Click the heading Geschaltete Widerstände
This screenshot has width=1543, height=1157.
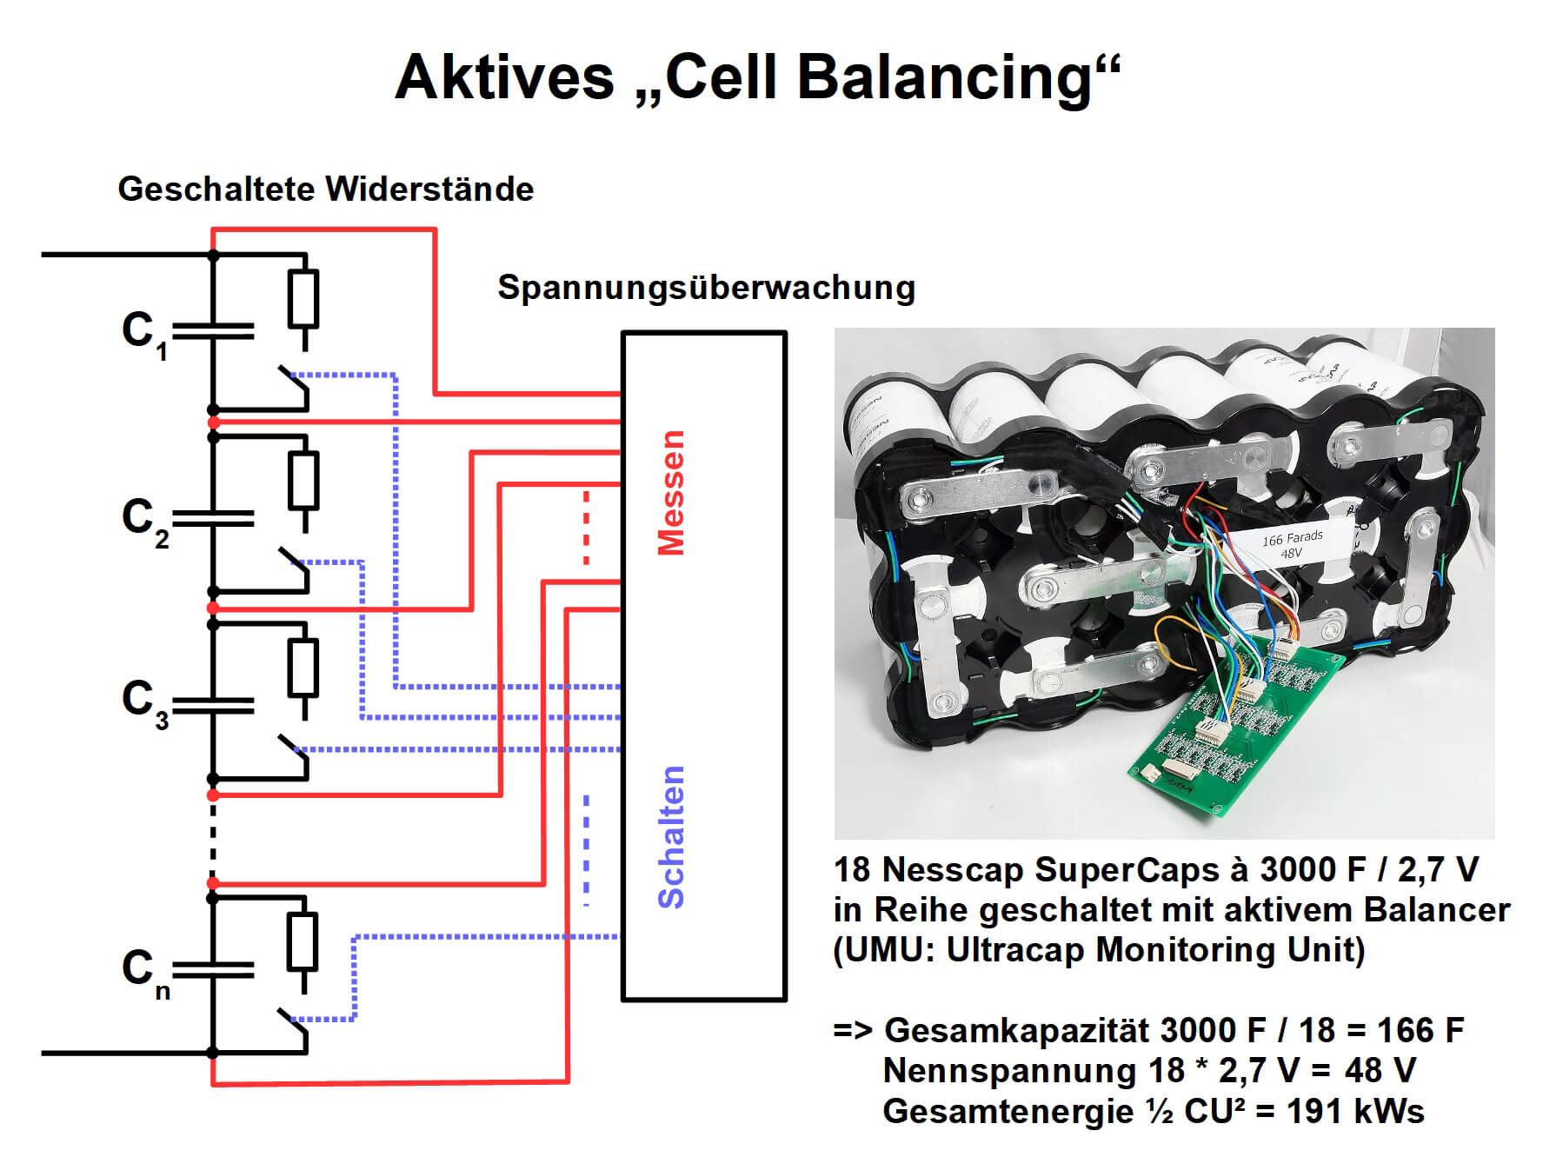325,190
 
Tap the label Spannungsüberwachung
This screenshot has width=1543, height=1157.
706,288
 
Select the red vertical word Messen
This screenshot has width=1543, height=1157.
671,493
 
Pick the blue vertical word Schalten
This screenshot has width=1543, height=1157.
671,836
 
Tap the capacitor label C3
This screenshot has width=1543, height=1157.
144,702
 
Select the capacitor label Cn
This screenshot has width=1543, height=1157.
144,971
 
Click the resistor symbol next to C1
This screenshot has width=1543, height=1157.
303,299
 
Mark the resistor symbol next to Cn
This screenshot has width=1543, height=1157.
303,941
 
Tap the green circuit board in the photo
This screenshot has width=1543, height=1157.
1234,730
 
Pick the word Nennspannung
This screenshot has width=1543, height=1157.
1009,1071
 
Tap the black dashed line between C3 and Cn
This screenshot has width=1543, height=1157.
213,839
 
